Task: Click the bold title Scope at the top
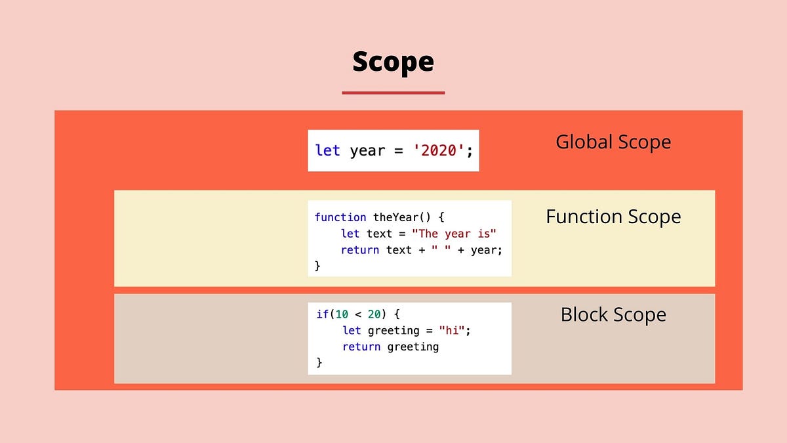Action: (x=393, y=62)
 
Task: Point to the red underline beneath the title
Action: (x=393, y=93)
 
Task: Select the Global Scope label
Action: (x=613, y=142)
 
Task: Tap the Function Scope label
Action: (x=613, y=217)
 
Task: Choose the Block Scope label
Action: (x=613, y=314)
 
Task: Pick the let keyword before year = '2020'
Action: (x=328, y=150)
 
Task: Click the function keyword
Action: (x=340, y=217)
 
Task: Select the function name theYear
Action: (x=398, y=217)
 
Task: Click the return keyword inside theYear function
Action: (x=360, y=250)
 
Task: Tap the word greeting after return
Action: (x=413, y=347)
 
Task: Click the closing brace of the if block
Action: (x=319, y=362)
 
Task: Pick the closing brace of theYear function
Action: (x=318, y=266)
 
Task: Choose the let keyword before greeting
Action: (x=352, y=331)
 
